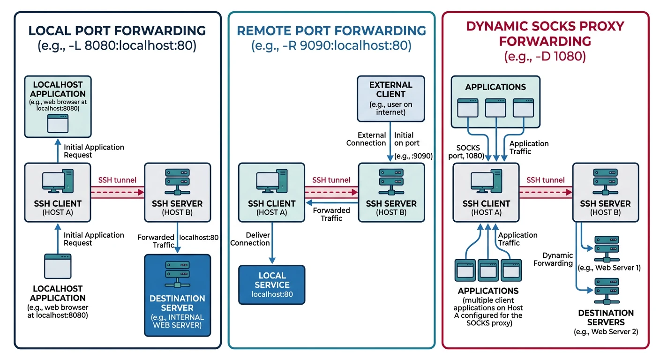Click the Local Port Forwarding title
[x=117, y=31]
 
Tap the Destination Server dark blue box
[x=178, y=295]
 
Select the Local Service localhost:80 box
[x=271, y=285]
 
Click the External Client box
[x=391, y=98]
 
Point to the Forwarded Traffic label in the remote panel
[x=331, y=214]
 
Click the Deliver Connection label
[x=250, y=239]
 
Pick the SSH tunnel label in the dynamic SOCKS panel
[x=545, y=180]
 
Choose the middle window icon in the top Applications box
[x=495, y=107]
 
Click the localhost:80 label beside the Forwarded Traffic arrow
[x=199, y=237]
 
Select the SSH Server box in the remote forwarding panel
[x=391, y=192]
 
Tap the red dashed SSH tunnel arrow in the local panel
[x=117, y=192]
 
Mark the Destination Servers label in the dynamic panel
[x=606, y=317]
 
